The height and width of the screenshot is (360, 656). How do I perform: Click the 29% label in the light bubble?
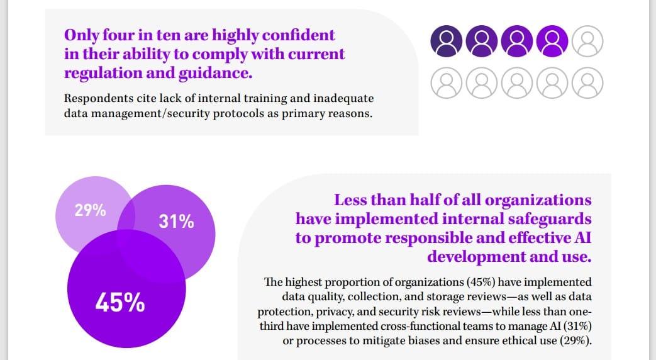pyautogui.click(x=90, y=210)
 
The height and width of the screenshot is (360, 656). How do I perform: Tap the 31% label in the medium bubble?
pyautogui.click(x=177, y=222)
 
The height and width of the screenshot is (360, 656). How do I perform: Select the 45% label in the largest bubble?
pyautogui.click(x=120, y=303)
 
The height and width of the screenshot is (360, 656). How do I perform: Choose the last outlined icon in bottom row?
pyautogui.click(x=588, y=82)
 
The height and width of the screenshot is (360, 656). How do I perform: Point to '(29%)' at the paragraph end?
pyautogui.click(x=574, y=340)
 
